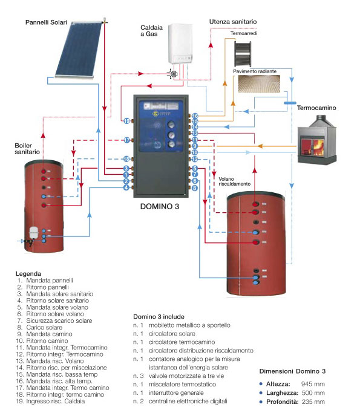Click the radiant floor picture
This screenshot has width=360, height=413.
click(259, 84)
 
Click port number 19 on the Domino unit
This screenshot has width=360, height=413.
click(127, 121)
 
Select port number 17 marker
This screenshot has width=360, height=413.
click(127, 140)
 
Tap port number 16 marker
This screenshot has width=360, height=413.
click(195, 116)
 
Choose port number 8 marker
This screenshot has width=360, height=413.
click(194, 188)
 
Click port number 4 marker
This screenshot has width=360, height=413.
click(126, 187)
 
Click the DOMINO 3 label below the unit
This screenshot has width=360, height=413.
click(160, 207)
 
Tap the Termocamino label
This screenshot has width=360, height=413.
click(316, 108)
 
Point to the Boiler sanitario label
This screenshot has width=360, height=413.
click(27, 149)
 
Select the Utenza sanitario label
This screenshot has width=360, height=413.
click(233, 22)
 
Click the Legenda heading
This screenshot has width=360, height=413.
click(28, 274)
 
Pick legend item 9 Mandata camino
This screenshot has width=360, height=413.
click(44, 334)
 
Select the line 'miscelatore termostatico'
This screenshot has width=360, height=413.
click(182, 385)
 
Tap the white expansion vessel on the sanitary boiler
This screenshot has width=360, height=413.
click(33, 232)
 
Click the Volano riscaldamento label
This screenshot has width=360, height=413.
click(235, 181)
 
